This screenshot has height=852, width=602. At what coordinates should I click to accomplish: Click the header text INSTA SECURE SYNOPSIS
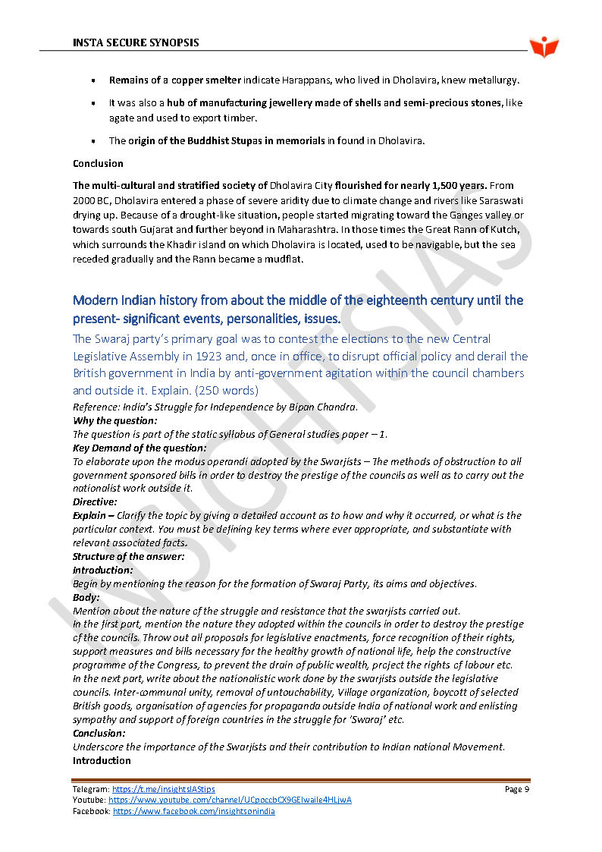(136, 42)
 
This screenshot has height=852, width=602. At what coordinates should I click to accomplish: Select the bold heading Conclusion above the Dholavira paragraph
(98, 163)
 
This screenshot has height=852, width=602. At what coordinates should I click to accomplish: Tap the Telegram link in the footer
(164, 790)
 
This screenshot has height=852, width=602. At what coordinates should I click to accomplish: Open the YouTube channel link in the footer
(230, 800)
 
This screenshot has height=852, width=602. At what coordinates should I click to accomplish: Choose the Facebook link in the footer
(194, 811)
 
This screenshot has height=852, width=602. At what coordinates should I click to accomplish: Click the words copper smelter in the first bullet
(206, 80)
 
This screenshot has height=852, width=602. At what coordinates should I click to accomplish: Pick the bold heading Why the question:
(115, 420)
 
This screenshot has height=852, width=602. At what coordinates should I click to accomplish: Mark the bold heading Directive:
(95, 501)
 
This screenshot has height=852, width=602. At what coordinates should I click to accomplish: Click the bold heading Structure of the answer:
(128, 556)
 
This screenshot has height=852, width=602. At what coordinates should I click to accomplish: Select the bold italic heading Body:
(86, 597)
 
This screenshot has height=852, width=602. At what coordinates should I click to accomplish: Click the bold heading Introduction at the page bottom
(102, 760)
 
